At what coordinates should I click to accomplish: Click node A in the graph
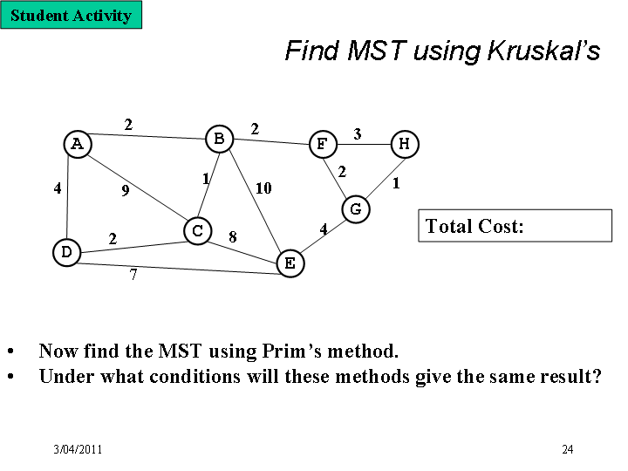click(x=78, y=144)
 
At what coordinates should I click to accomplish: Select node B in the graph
click(x=220, y=139)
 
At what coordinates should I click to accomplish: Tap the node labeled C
click(x=197, y=230)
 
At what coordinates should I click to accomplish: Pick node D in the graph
click(x=67, y=252)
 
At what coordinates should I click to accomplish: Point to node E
click(x=290, y=263)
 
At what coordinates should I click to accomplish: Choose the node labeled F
click(x=324, y=144)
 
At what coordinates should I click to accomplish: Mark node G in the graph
click(x=356, y=209)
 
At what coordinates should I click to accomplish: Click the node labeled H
click(x=405, y=144)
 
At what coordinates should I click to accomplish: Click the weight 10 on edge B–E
click(x=263, y=188)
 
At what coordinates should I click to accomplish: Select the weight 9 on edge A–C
click(x=126, y=191)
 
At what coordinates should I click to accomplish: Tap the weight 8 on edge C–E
click(x=233, y=237)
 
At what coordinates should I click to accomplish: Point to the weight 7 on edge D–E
click(x=133, y=275)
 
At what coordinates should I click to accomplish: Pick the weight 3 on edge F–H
click(x=358, y=133)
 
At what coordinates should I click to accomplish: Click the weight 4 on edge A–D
click(x=58, y=188)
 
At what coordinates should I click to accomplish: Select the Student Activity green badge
click(x=72, y=15)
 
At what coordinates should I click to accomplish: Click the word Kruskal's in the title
click(x=543, y=51)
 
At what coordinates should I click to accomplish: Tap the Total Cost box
click(x=515, y=226)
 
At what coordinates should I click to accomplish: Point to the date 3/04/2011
click(x=78, y=449)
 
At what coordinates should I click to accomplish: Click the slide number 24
click(x=568, y=449)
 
